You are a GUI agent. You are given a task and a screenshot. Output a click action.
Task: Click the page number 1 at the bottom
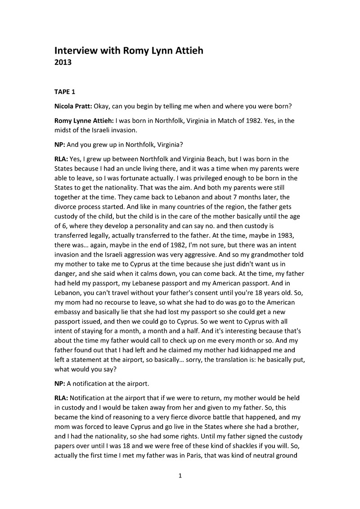(180, 476)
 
